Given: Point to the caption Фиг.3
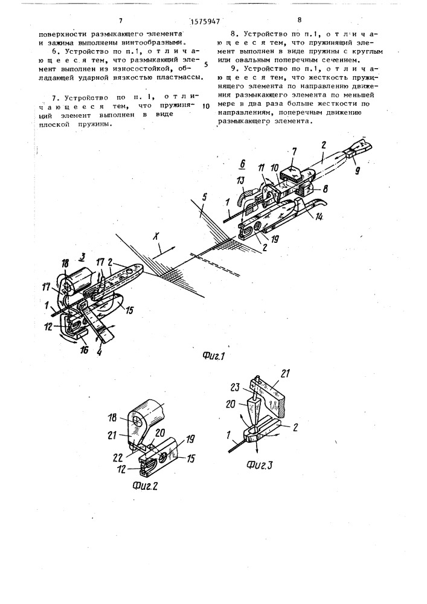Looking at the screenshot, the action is pos(260,464).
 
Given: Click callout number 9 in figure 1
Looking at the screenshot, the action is pos(357,171).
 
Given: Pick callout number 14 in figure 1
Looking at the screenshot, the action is pos(319,217).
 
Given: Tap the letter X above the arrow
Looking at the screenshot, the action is pos(156,237).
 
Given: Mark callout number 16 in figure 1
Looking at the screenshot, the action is pos(84,349).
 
